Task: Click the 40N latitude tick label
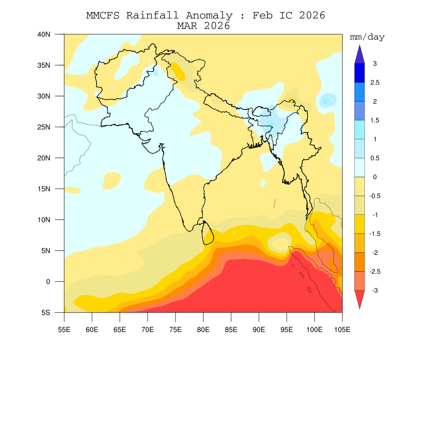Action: [44, 34]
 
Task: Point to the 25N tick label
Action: [44, 127]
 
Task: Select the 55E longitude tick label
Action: [64, 330]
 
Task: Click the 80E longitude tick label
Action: [203, 330]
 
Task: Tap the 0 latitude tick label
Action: [48, 282]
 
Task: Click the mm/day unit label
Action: [367, 37]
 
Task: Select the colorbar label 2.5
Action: [374, 83]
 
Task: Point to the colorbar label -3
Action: [374, 290]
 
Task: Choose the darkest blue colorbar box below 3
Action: [359, 73]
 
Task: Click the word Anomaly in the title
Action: [209, 16]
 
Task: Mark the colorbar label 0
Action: [374, 177]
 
